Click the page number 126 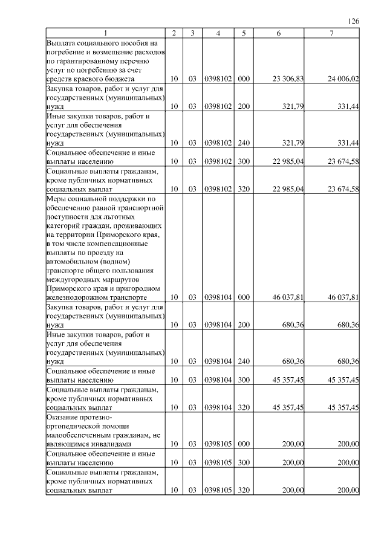tap(354, 21)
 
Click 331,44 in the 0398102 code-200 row tap(347, 106)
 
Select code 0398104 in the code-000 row tap(218, 297)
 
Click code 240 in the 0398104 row tap(244, 361)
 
